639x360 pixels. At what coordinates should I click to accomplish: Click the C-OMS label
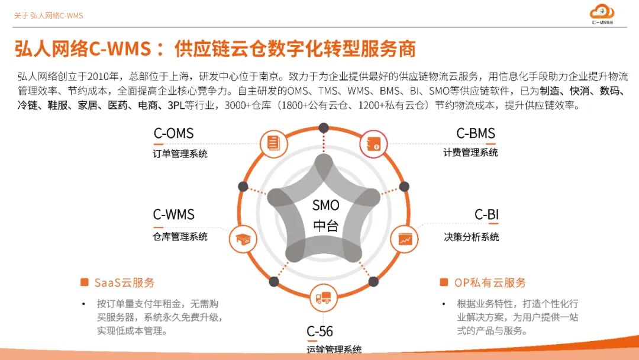[173, 134]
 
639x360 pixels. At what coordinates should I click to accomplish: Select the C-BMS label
[475, 134]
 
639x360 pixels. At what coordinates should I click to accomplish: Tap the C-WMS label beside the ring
[173, 214]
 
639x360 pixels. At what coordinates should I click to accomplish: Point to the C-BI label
[486, 214]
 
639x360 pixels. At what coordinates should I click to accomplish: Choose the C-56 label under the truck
[319, 332]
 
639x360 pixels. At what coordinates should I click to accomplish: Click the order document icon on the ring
[273, 143]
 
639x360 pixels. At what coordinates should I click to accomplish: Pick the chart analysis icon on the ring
[405, 239]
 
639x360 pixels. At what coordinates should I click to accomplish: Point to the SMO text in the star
[326, 205]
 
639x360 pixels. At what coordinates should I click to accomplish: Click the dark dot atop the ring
[323, 127]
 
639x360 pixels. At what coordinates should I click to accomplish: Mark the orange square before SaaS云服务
[85, 282]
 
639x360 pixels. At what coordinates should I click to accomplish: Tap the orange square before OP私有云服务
[444, 282]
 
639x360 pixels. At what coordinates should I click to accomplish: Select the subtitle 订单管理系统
[180, 154]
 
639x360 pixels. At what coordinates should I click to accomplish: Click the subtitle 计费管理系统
[470, 153]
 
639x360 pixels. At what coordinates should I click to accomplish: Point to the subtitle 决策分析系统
[471, 237]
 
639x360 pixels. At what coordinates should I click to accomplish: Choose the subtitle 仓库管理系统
[180, 237]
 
